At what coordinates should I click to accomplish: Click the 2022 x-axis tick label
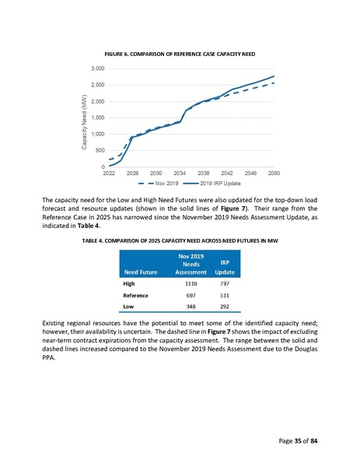(110, 173)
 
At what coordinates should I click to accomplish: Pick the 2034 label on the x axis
(180, 173)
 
